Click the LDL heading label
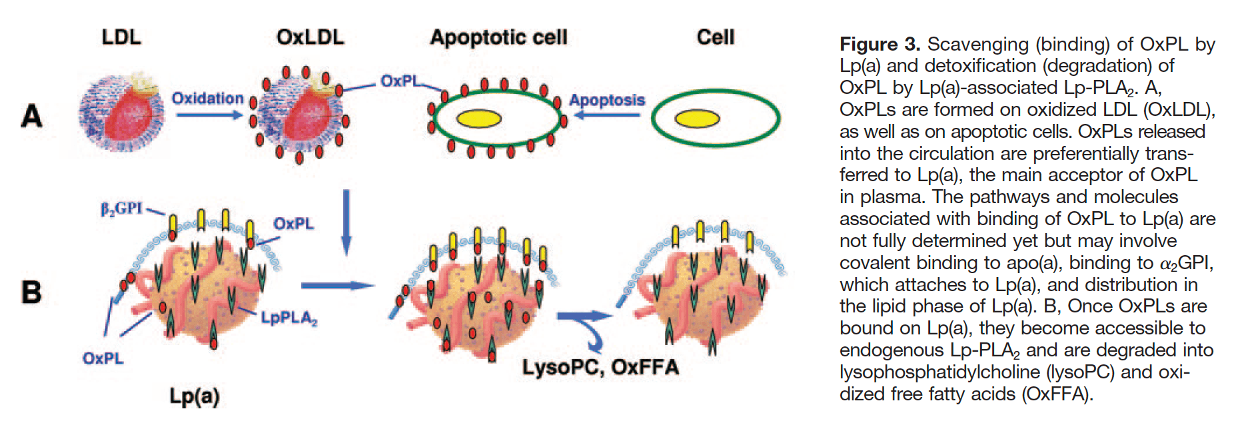coord(121,37)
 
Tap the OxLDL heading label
coord(310,37)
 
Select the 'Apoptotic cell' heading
coord(498,37)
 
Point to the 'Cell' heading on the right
coord(716,37)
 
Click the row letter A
coord(31,117)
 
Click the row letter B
coord(31,292)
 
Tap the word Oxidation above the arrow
coord(208,99)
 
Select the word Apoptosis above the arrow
coord(607,100)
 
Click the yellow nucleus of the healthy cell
coord(697,119)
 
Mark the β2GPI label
coord(121,209)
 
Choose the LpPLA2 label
coord(289,318)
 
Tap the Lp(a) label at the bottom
coord(194,396)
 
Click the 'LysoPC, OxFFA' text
coord(600,367)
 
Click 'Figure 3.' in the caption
coord(880,45)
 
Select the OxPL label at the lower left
coord(103,358)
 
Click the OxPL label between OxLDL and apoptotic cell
coord(400,81)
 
